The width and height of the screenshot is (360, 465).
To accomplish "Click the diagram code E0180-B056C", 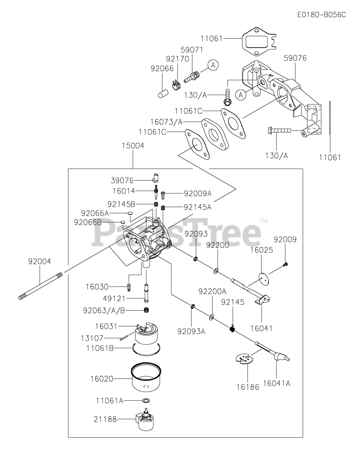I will click(321, 15).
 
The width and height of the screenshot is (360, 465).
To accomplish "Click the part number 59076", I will click(295, 58).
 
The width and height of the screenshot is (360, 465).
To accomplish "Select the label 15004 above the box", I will click(133, 146).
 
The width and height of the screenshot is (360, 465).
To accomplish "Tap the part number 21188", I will click(105, 419).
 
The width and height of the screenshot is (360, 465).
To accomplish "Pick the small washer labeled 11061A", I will click(146, 401).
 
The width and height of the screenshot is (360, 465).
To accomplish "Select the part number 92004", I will click(40, 262).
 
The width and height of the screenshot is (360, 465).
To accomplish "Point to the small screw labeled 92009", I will click(286, 264).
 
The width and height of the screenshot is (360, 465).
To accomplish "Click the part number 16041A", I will click(276, 383).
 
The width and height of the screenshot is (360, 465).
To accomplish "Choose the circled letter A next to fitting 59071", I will click(213, 65).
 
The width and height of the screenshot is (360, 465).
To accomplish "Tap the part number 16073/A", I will click(166, 122).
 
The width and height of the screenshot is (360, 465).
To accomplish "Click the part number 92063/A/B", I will click(104, 310).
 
